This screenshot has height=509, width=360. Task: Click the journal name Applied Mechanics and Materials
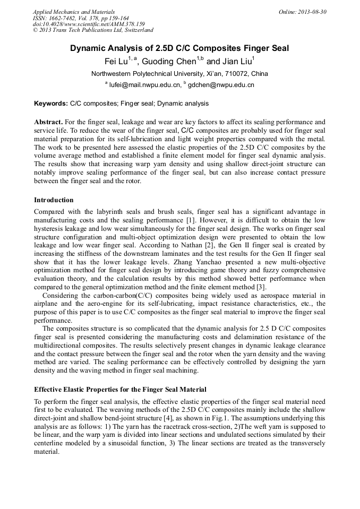coord(74,12)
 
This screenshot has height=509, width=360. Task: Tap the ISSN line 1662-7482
coord(83,18)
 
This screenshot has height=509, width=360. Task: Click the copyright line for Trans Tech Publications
coord(93,30)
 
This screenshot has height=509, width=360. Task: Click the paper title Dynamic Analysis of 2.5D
coord(179,48)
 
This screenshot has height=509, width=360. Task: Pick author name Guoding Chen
coord(169,62)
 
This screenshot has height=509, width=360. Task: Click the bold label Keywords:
coord(51,103)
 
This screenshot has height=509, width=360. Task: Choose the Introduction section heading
coord(54,200)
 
